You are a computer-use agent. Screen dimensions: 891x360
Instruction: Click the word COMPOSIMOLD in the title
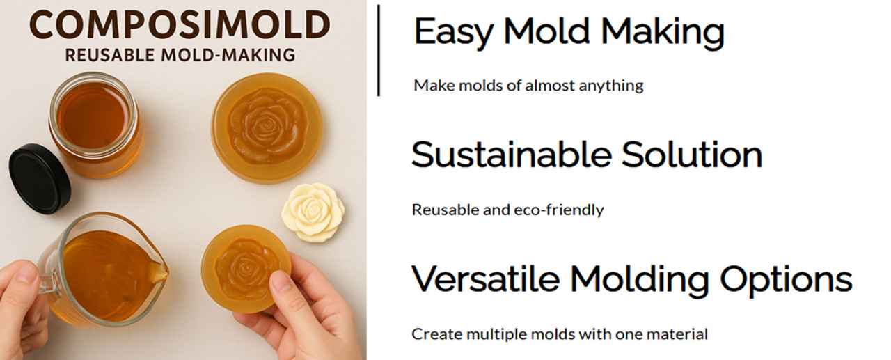coord(180,24)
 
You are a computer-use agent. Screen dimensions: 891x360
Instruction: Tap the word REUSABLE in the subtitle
coord(110,55)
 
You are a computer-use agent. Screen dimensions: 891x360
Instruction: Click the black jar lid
coord(40,179)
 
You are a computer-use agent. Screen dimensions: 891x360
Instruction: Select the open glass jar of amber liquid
coord(95,125)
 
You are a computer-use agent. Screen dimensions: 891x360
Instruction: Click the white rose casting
coord(313,212)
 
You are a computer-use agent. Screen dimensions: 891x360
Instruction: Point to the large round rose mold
coord(267,128)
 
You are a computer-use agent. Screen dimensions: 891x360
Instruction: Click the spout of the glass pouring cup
coord(159,272)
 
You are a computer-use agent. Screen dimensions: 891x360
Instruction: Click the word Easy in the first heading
coord(454,32)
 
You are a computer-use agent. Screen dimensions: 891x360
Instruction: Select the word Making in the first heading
coord(663,32)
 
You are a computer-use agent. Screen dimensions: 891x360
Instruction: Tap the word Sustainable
coord(512,155)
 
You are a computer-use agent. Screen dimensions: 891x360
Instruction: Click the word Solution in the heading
coord(692,155)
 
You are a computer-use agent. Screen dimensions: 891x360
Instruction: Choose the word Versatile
coord(486,279)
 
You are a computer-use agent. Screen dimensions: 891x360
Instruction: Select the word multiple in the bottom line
coord(497,334)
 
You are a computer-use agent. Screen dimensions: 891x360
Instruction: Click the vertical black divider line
coord(378,51)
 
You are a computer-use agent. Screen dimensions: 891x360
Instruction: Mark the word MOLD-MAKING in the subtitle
coord(228,55)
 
